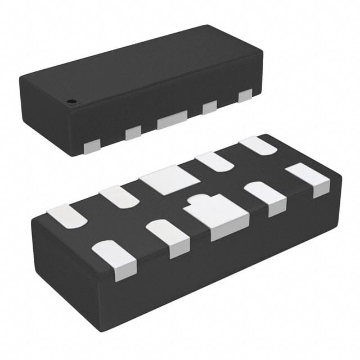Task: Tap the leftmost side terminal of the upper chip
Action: pyautogui.click(x=91, y=147)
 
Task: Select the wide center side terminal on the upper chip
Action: pyautogui.click(x=172, y=119)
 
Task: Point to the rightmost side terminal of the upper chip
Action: pyautogui.click(x=245, y=96)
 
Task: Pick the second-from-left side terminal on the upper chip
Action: pyautogui.click(x=133, y=133)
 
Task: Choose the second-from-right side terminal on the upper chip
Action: pyautogui.click(x=210, y=107)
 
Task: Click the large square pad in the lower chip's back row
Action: pyautogui.click(x=169, y=180)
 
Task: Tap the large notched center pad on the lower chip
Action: pyautogui.click(x=216, y=214)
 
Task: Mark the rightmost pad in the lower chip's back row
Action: pyautogui.click(x=258, y=145)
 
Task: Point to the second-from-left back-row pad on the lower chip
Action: pyautogui.click(x=119, y=196)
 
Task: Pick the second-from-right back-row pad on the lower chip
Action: pyautogui.click(x=214, y=161)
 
